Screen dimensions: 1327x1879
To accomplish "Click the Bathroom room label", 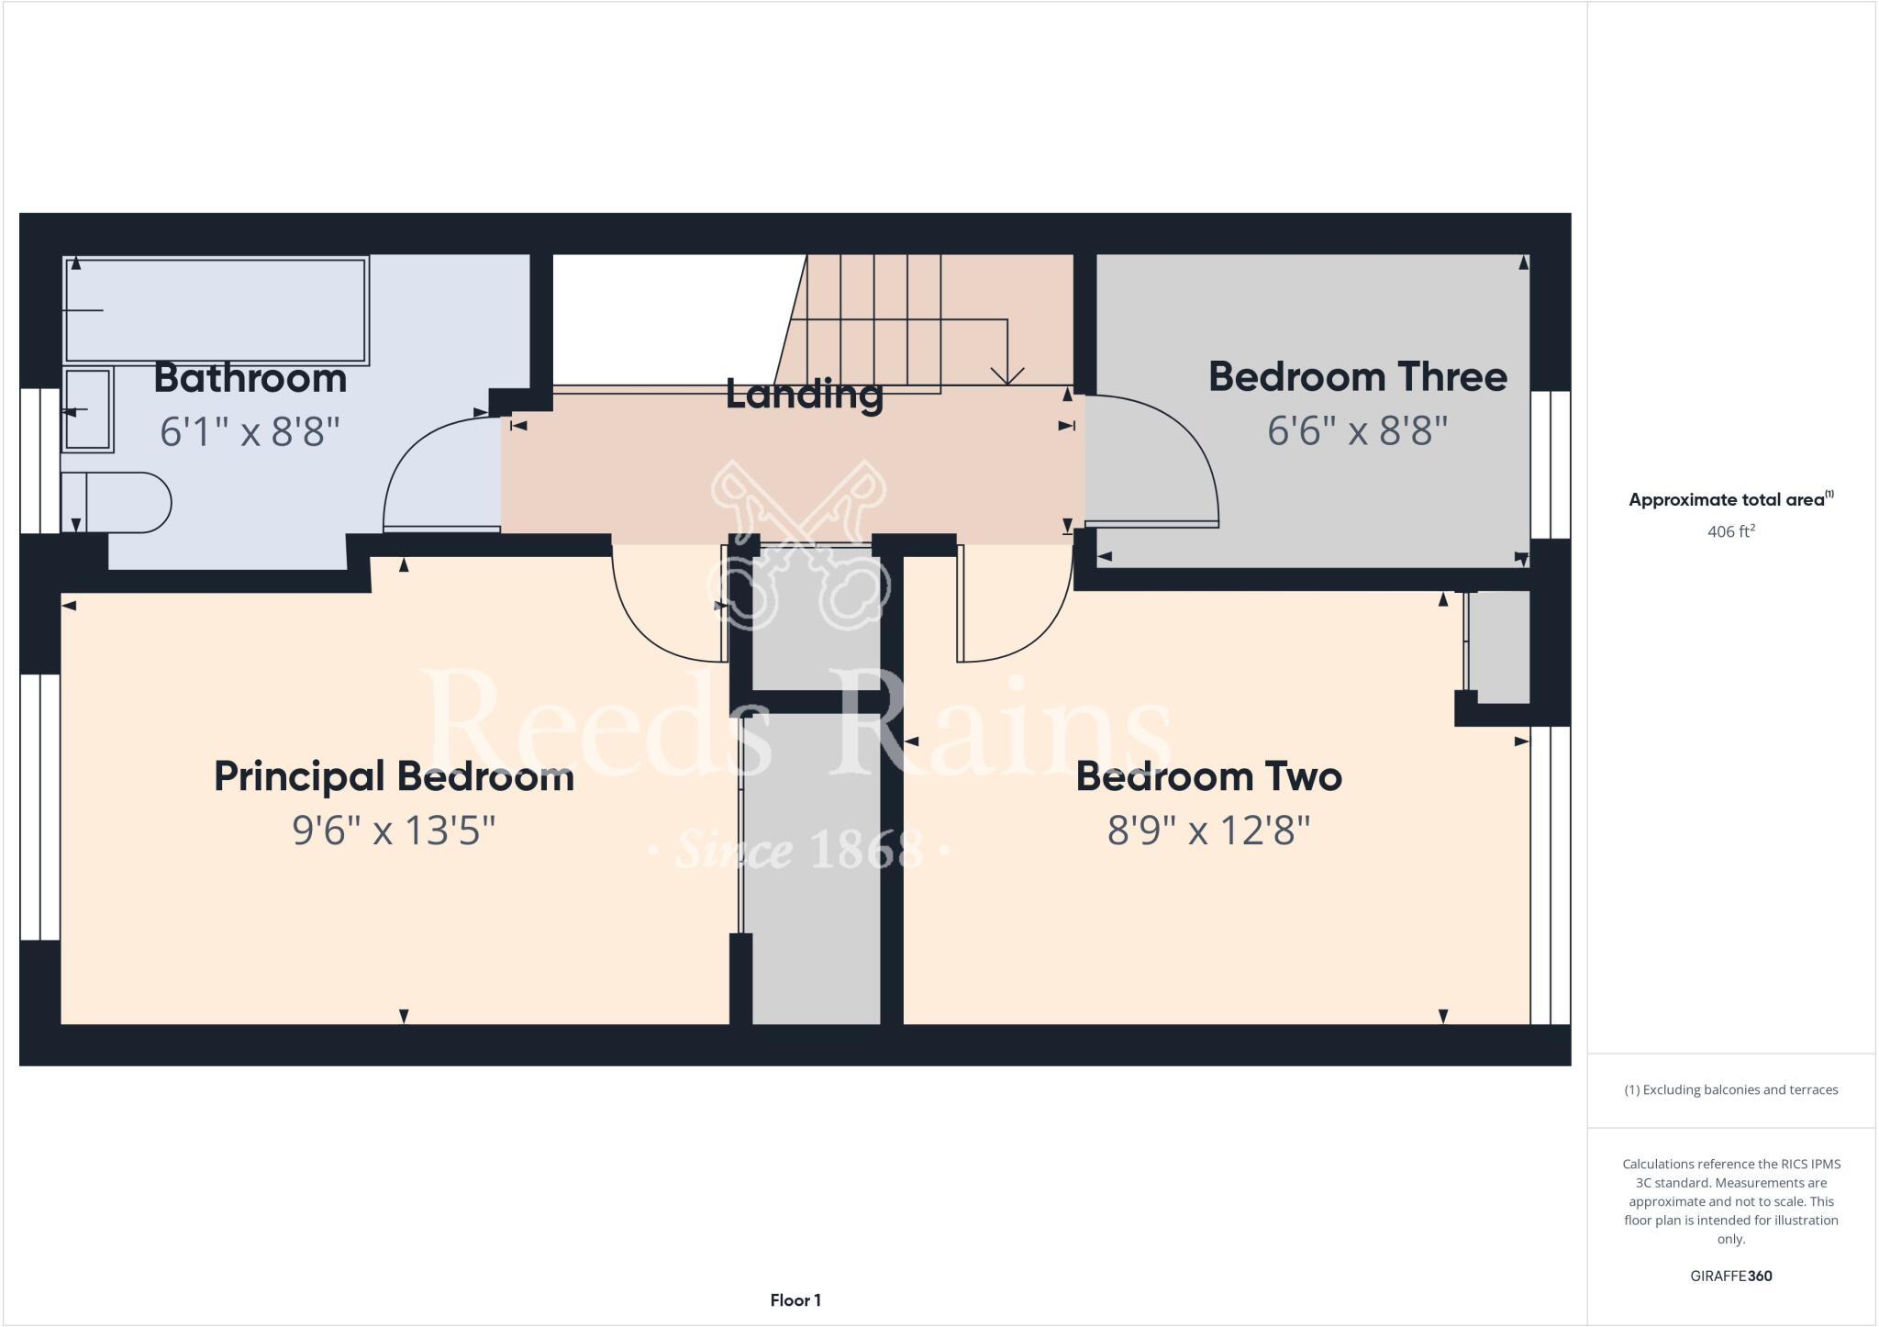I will pos(250,378).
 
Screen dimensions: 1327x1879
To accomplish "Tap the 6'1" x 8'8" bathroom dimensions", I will pos(250,431).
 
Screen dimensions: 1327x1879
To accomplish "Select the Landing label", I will pos(804,394).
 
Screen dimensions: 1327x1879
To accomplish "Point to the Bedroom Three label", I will pos(1357,376).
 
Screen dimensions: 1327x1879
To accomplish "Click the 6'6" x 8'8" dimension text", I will pos(1357,429).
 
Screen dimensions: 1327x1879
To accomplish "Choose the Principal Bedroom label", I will pos(394,776).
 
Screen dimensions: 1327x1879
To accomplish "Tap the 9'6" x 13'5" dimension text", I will pos(394,831).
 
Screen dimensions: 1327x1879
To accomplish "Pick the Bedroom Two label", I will pos(1208,776).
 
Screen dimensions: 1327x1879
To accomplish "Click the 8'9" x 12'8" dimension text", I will pos(1208,831).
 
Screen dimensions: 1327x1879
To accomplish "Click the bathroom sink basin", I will pos(88,409).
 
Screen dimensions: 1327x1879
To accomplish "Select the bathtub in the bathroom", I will pos(217,310).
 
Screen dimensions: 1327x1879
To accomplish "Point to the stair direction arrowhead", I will pos(1007,376).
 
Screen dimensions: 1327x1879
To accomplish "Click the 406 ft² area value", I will pos(1730,531).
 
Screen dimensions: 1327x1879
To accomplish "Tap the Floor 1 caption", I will pos(795,1300).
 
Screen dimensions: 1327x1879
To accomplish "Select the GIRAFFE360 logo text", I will pos(1730,1276).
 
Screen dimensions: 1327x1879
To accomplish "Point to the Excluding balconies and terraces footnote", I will pos(1730,1090).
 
